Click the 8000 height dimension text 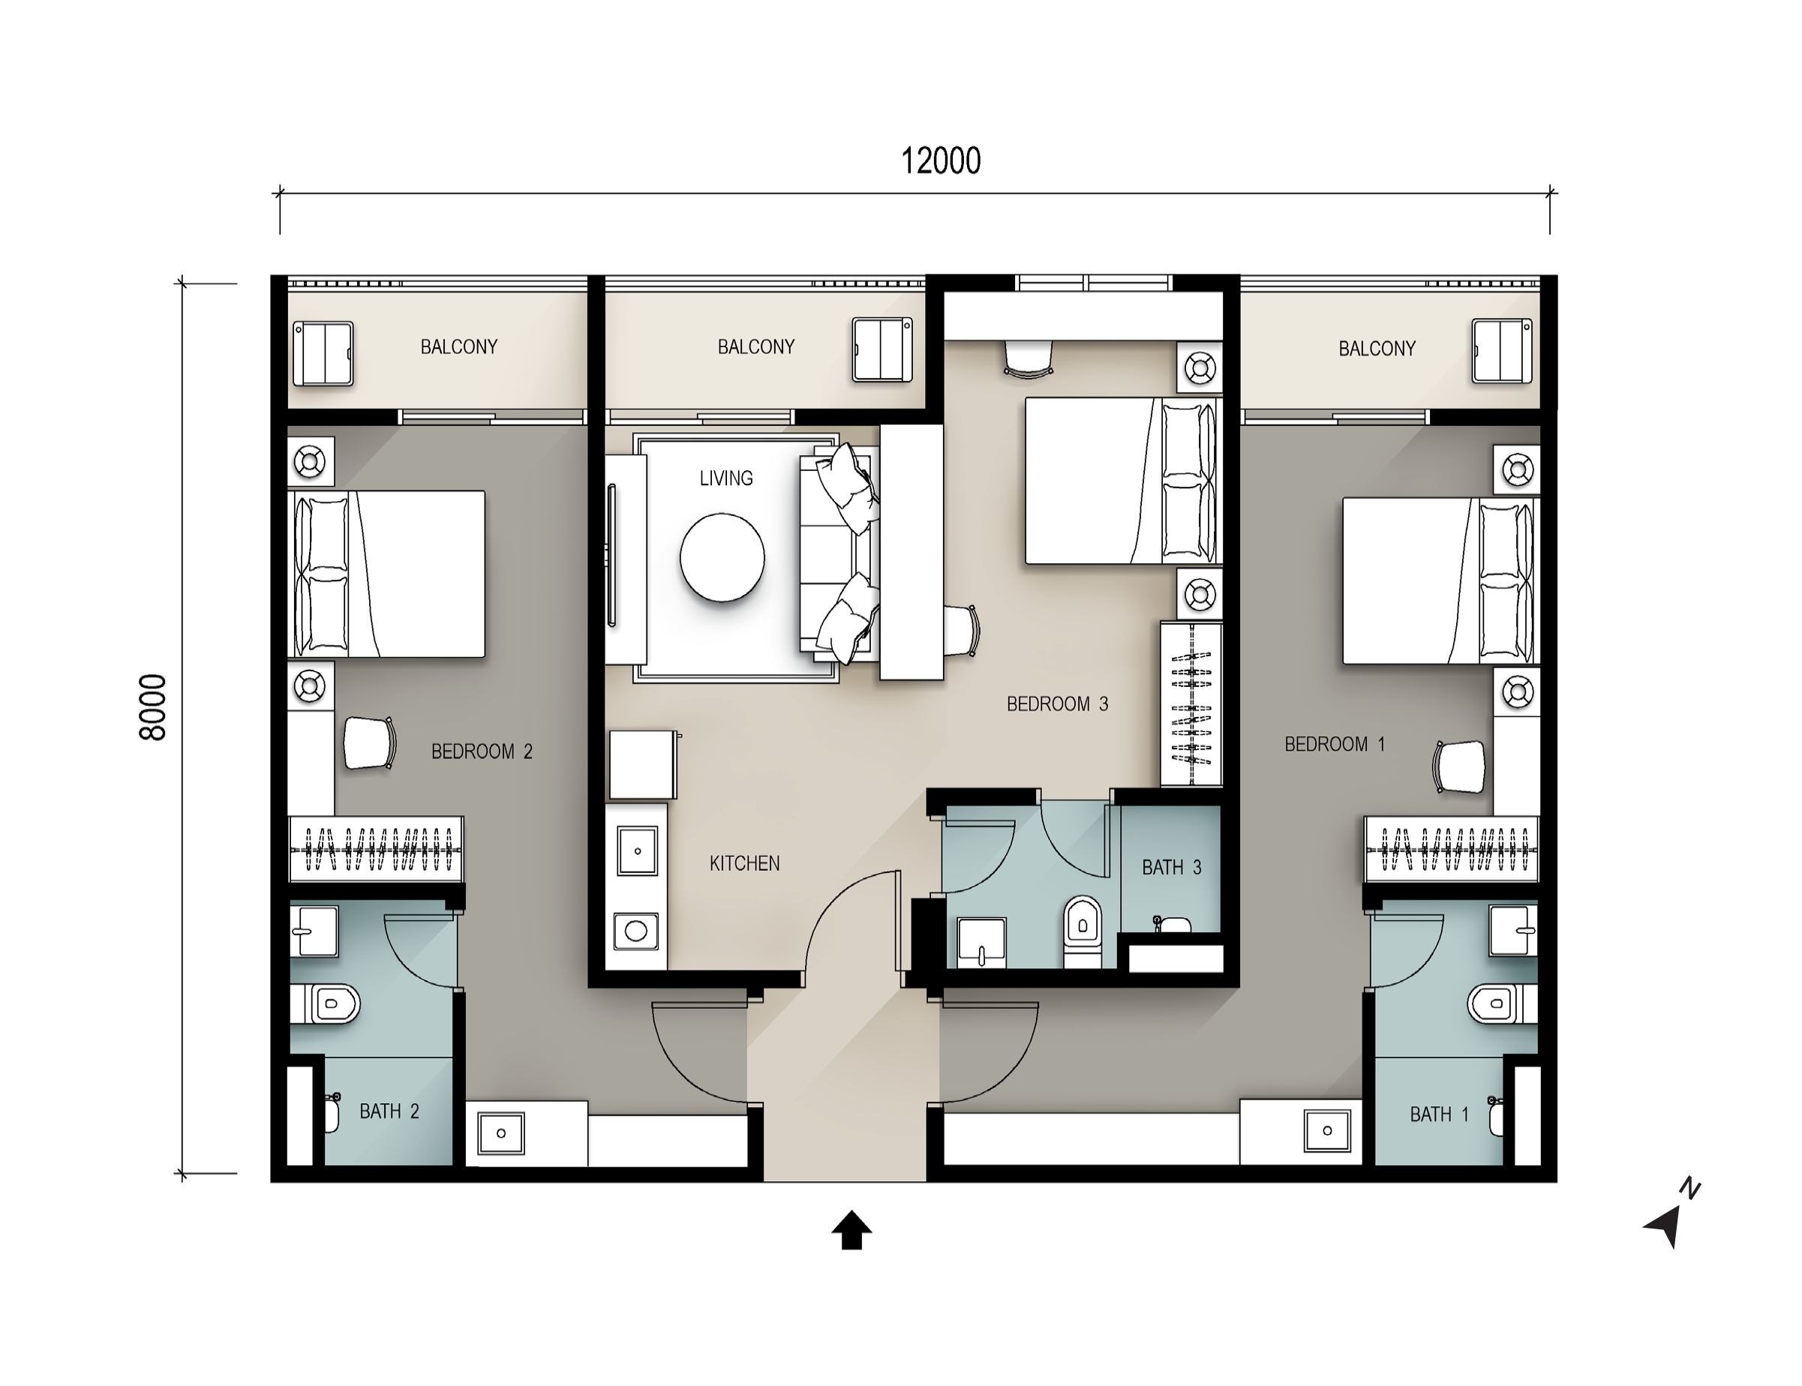154,707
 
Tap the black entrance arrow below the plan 851,1230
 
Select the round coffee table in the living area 722,558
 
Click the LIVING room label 726,478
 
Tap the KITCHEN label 744,864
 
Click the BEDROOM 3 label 1057,703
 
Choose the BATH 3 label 1172,867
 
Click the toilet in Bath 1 1503,1004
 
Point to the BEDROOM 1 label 1334,744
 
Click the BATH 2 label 389,1111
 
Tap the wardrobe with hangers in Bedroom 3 1191,704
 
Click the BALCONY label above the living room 755,346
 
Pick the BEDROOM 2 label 482,751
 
